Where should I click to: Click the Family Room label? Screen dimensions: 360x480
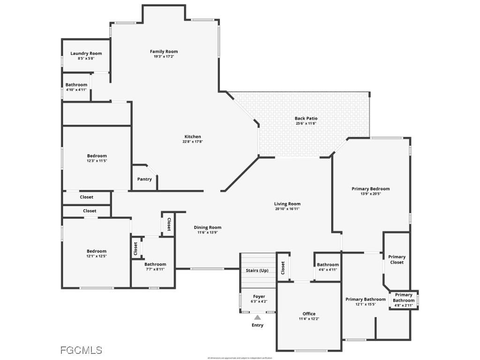click(x=164, y=52)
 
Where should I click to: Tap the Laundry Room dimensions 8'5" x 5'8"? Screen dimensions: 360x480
click(x=86, y=59)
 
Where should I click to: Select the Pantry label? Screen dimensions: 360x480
click(x=144, y=179)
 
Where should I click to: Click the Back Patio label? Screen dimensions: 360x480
click(x=306, y=119)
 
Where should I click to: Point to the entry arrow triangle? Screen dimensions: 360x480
click(x=257, y=317)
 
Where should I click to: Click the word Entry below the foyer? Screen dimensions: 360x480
click(x=257, y=325)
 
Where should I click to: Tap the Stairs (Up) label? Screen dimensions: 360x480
click(x=257, y=270)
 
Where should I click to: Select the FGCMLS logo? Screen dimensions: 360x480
click(x=81, y=350)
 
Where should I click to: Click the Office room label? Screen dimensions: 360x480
click(x=309, y=314)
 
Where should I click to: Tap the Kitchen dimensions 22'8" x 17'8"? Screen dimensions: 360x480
click(x=193, y=142)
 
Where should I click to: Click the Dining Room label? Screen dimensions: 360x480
click(x=208, y=227)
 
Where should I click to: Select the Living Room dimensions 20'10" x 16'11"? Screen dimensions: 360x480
click(x=287, y=209)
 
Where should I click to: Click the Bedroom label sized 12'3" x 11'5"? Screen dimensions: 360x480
click(x=97, y=156)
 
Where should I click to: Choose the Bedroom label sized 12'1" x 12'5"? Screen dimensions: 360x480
click(x=96, y=251)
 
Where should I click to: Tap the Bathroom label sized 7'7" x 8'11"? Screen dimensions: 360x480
click(x=155, y=264)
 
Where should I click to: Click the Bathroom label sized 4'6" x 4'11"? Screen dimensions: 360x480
click(x=328, y=265)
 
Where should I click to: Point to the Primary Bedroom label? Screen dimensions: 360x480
click(x=370, y=189)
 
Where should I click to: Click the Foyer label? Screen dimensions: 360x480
click(x=259, y=296)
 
